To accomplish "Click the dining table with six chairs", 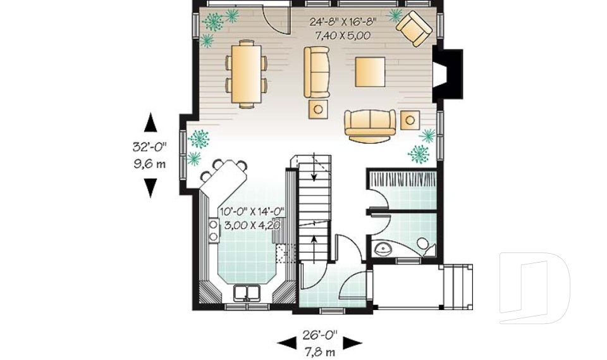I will pos(245,73).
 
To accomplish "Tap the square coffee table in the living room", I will pos(370,71).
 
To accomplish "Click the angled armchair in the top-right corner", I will pos(414,28).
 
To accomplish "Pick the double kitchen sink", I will pos(247,293).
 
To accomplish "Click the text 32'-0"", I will pos(149,147).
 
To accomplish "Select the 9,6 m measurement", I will pos(149,164).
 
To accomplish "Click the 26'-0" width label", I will pos(320,333).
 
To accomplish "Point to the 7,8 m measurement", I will pos(320,347).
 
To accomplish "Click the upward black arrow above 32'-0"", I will pos(150,122).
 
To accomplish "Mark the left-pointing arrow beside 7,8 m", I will pos(286,342).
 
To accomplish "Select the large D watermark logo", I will pos(534,288).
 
